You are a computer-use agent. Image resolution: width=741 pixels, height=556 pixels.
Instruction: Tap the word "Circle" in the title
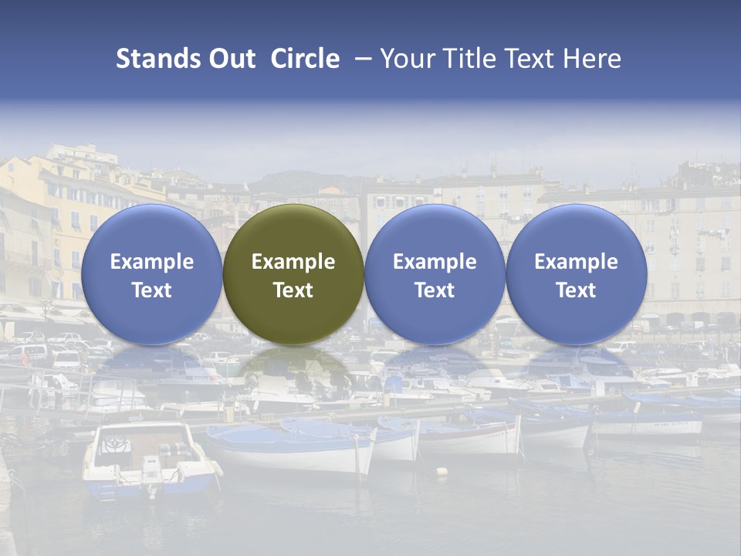(x=305, y=59)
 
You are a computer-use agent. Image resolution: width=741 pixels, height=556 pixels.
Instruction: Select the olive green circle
(x=293, y=274)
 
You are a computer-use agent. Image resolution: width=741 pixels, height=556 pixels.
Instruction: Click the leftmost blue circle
(x=151, y=274)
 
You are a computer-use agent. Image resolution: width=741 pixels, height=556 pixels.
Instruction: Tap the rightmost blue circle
(x=576, y=274)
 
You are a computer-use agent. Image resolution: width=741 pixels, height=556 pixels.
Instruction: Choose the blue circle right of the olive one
(x=435, y=274)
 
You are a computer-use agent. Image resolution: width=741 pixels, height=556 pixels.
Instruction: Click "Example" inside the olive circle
(x=293, y=262)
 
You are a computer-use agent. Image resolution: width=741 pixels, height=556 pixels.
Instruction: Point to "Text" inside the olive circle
(x=293, y=290)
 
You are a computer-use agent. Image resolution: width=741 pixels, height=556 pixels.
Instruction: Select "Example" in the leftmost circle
(x=151, y=262)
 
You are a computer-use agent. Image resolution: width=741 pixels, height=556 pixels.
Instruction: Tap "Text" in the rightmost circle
(x=576, y=290)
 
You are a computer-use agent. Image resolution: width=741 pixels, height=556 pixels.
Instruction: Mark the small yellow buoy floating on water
(x=442, y=470)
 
